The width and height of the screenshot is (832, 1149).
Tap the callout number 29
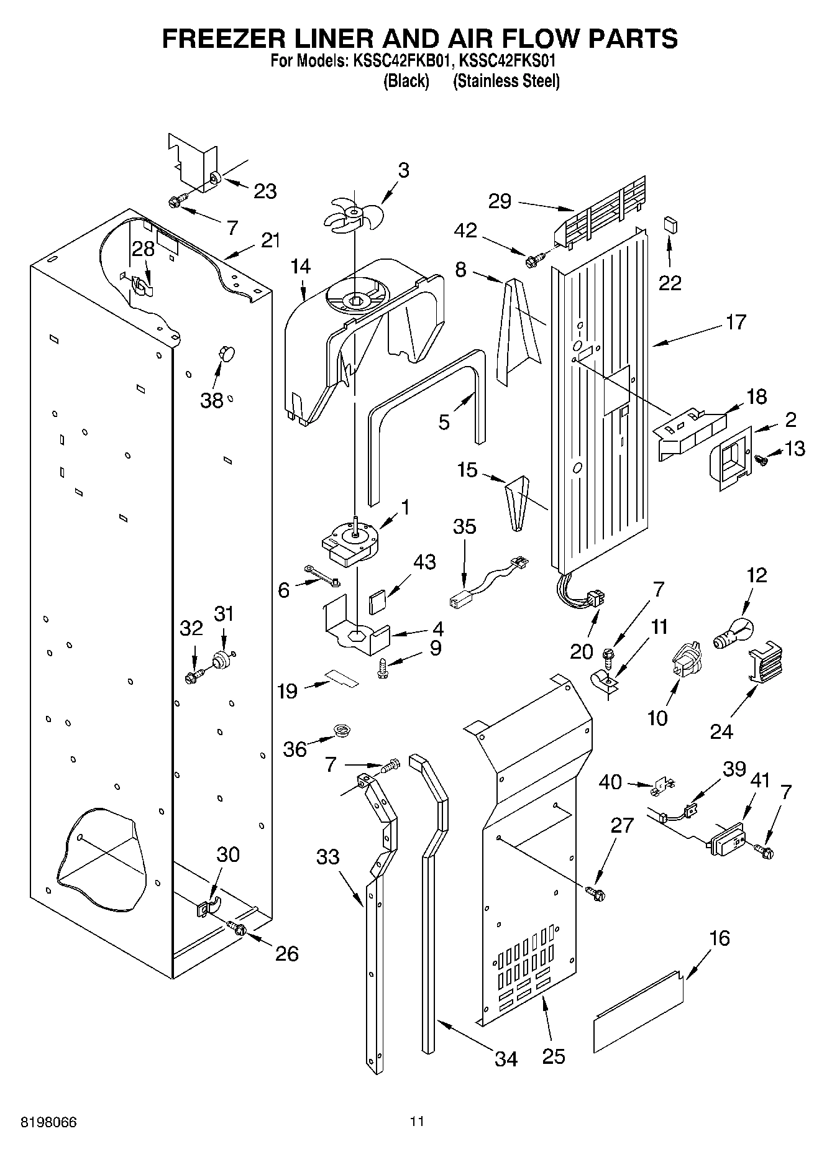click(500, 201)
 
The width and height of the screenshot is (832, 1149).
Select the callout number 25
click(553, 1056)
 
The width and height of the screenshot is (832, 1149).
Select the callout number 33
click(327, 857)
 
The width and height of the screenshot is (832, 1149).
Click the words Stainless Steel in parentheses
click(506, 81)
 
